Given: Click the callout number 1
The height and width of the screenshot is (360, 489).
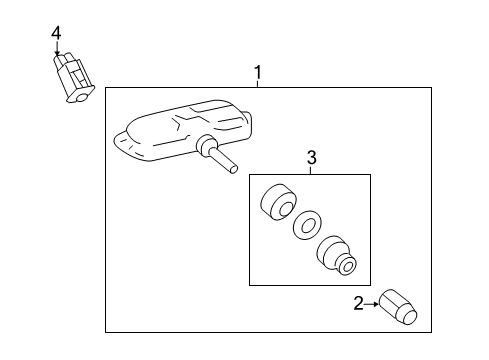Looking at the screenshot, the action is click(x=257, y=72).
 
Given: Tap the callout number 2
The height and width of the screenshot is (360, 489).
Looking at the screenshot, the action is click(x=358, y=304).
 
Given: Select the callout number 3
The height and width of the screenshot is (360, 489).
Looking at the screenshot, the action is click(x=312, y=158).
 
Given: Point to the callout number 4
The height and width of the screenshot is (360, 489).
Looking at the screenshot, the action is click(x=56, y=33).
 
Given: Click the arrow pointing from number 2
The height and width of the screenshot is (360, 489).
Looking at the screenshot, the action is click(x=371, y=304).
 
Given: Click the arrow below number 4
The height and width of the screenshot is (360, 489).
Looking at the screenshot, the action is click(x=57, y=48).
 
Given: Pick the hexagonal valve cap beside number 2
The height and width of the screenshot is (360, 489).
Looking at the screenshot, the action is click(x=398, y=307).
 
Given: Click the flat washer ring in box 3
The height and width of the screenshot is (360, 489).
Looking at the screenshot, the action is click(x=307, y=225).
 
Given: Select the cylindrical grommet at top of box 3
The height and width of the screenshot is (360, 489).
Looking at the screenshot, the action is click(x=278, y=202).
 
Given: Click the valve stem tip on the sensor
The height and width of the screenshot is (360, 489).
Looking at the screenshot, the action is click(x=233, y=169).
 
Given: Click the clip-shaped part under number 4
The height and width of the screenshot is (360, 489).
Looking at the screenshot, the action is click(x=74, y=78).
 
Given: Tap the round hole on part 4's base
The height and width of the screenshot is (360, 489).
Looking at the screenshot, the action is click(x=82, y=98).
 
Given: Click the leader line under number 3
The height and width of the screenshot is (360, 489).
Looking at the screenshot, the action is click(x=311, y=170).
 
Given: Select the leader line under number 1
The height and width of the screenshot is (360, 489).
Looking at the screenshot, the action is click(x=257, y=84).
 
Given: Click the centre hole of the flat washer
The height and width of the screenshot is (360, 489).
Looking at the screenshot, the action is click(x=307, y=226).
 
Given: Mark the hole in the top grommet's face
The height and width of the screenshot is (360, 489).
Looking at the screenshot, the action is click(x=284, y=210).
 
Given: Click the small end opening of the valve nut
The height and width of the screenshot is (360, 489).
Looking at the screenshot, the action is click(x=347, y=267).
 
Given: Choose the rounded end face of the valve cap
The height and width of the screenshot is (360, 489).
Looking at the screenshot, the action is click(x=410, y=317).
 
